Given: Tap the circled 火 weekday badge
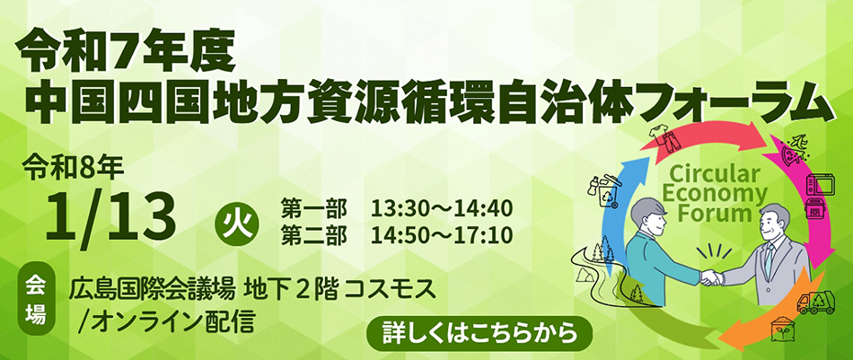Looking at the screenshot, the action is [x=237, y=224].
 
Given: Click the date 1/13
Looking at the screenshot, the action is [x=111, y=216].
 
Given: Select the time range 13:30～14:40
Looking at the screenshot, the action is [x=441, y=207].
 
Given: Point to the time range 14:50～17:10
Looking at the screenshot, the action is [x=441, y=235].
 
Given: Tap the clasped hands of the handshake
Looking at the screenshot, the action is [x=710, y=278].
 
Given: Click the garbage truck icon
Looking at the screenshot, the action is [x=815, y=303].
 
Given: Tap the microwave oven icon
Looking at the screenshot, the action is [x=819, y=185].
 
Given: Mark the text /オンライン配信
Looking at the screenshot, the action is [x=166, y=322].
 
